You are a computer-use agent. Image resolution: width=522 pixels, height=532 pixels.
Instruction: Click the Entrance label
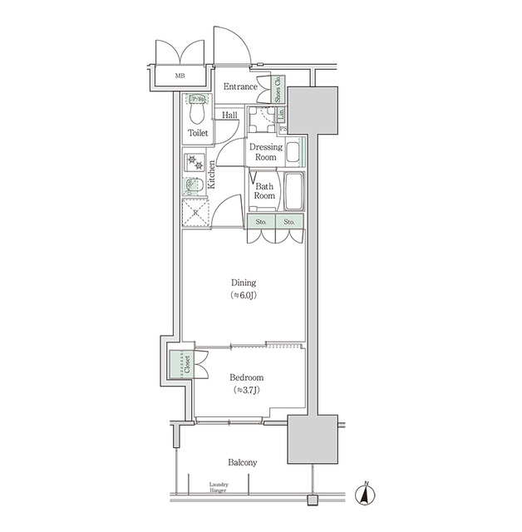point(240,86)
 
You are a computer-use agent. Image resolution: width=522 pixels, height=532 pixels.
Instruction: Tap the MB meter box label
point(180,77)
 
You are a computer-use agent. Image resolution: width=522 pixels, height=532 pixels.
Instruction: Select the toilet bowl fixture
point(198,113)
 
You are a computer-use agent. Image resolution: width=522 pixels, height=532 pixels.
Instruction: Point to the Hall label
point(230,116)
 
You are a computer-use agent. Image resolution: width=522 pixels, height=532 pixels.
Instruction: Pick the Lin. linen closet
point(282,114)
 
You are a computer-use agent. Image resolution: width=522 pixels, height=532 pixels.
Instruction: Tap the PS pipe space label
point(283,129)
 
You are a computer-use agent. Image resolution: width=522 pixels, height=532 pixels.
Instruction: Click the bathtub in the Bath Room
point(292,192)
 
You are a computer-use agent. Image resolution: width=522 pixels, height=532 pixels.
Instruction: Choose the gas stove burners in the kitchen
point(195,160)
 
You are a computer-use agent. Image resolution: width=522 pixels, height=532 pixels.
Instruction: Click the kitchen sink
point(195,185)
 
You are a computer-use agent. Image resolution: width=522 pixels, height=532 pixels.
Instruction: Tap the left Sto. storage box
point(261,222)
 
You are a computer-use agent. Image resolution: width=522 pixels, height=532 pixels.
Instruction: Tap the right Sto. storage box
point(288,222)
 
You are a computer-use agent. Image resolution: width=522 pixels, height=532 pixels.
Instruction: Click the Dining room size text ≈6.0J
point(244,296)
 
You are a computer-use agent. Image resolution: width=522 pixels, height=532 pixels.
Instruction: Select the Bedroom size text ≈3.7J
point(245,390)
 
